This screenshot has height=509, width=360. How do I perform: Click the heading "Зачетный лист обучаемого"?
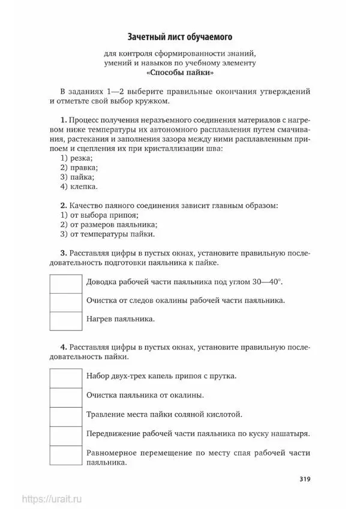click(x=179, y=37)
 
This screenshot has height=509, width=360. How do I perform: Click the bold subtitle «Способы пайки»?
click(x=179, y=73)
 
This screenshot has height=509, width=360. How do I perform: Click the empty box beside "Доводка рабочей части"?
click(x=65, y=284)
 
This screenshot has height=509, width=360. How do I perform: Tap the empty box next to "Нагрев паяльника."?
click(x=65, y=321)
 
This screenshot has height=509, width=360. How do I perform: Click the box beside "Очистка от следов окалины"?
click(x=65, y=302)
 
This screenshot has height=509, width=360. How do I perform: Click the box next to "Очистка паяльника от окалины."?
click(x=65, y=397)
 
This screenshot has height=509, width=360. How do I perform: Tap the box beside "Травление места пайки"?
click(x=65, y=416)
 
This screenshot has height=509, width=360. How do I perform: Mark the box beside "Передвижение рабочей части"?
click(x=65, y=435)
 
